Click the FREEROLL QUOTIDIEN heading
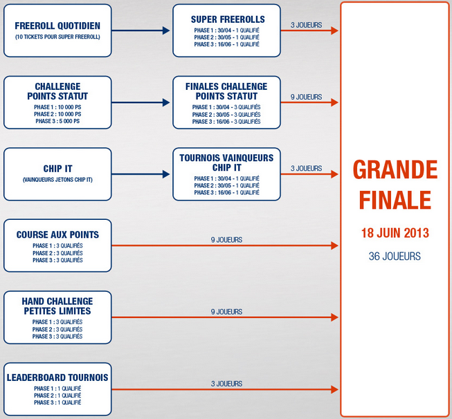coord(57,26)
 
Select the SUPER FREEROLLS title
coord(228,19)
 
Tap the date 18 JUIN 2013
coord(395,233)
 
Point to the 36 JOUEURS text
coord(395,256)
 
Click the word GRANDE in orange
coord(395,170)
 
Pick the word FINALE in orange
coord(395,200)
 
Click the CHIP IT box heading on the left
coord(57,169)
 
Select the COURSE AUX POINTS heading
coord(57,234)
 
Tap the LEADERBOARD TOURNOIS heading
coord(57,378)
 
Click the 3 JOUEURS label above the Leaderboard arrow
coord(226,384)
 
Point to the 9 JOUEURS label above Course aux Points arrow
coord(226,240)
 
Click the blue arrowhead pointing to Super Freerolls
coord(166,30)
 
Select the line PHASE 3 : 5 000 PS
coord(57,121)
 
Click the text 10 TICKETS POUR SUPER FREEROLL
coord(57,37)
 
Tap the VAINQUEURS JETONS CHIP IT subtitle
coord(57,180)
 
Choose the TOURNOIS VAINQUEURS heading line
coord(226,158)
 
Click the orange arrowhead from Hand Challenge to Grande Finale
coord(334,317)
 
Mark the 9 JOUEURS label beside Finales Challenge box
coord(306,97)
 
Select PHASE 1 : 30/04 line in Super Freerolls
coord(226,30)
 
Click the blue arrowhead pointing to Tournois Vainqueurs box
coord(166,174)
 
